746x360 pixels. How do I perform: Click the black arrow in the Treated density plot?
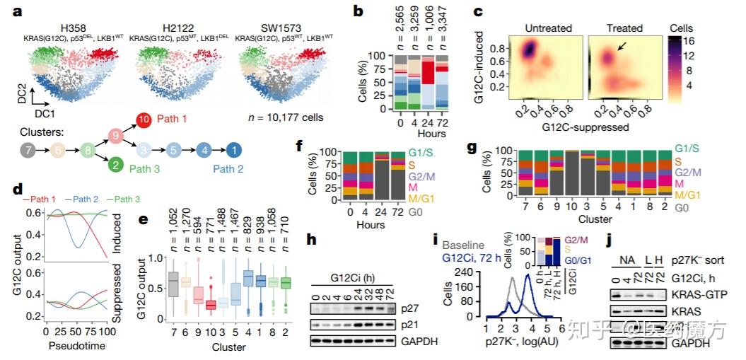click(x=621, y=47)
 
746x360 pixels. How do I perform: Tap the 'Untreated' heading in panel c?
click(x=547, y=28)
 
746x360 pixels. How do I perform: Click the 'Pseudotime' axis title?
click(x=75, y=347)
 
